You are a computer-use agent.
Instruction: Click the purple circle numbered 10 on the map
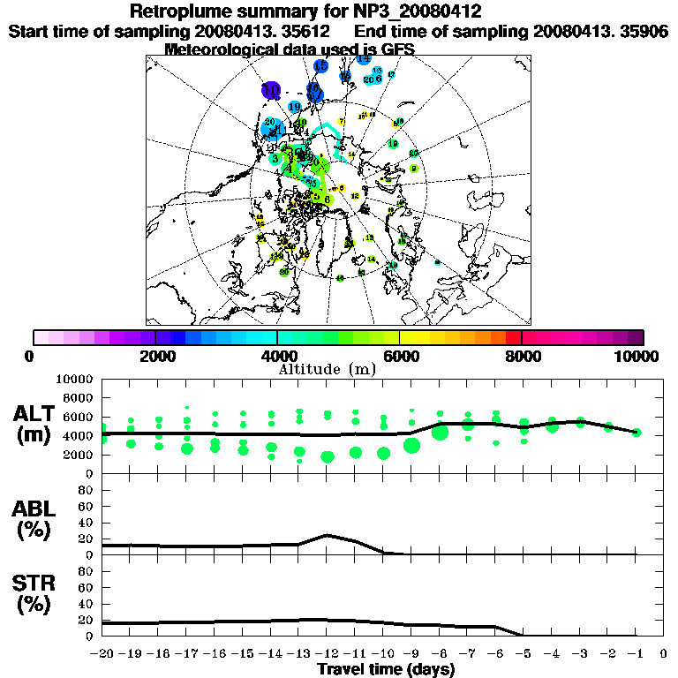point(271,90)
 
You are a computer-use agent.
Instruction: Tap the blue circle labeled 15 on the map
point(320,66)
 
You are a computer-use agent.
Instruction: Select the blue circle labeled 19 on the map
point(295,107)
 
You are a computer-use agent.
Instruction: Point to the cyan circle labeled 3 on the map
point(276,159)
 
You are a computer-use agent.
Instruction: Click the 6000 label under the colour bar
point(399,357)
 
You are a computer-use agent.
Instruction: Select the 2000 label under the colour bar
point(155,357)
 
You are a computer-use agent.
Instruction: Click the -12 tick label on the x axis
point(327,654)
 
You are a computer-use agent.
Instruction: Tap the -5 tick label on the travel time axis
point(524,654)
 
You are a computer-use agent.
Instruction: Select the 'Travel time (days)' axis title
point(386,669)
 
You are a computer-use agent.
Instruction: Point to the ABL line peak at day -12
point(328,535)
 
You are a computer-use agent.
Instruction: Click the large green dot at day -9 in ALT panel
point(411,446)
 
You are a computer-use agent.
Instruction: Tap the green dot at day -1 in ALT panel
point(637,432)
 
